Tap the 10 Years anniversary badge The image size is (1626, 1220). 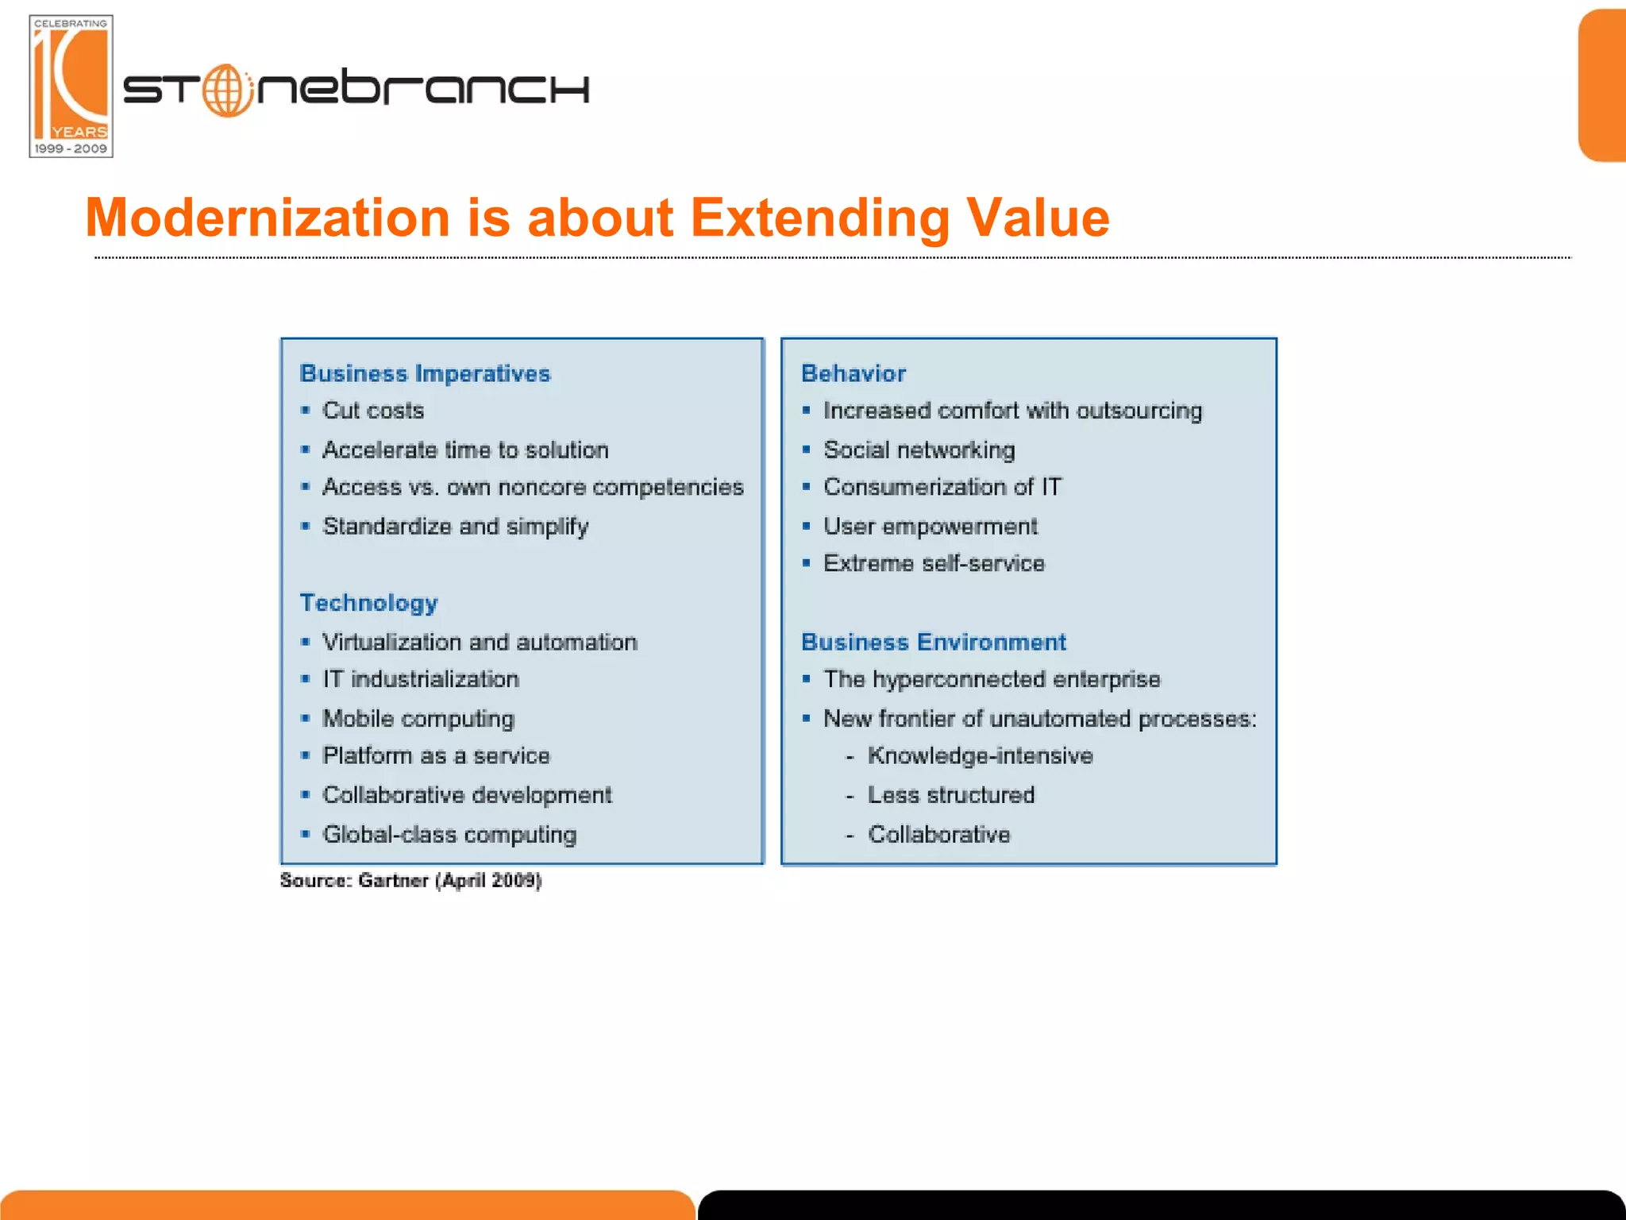[71, 86]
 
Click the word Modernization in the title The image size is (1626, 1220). [268, 218]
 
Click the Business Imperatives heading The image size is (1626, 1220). [425, 373]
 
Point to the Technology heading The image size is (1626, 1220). [368, 603]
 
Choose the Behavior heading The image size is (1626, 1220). [853, 373]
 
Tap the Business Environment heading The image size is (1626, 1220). [933, 642]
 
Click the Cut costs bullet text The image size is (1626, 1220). [373, 411]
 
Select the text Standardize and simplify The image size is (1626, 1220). [455, 527]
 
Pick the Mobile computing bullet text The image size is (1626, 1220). [418, 719]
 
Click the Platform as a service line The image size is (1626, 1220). [436, 755]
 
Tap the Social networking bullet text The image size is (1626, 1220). [919, 450]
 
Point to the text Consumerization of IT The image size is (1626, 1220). [942, 487]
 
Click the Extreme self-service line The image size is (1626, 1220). [934, 563]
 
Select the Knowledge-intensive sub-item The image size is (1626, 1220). [980, 755]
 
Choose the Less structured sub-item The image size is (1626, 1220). [950, 795]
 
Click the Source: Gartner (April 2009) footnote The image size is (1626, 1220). [410, 880]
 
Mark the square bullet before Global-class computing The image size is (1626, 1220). [306, 834]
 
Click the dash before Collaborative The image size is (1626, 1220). [850, 836]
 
